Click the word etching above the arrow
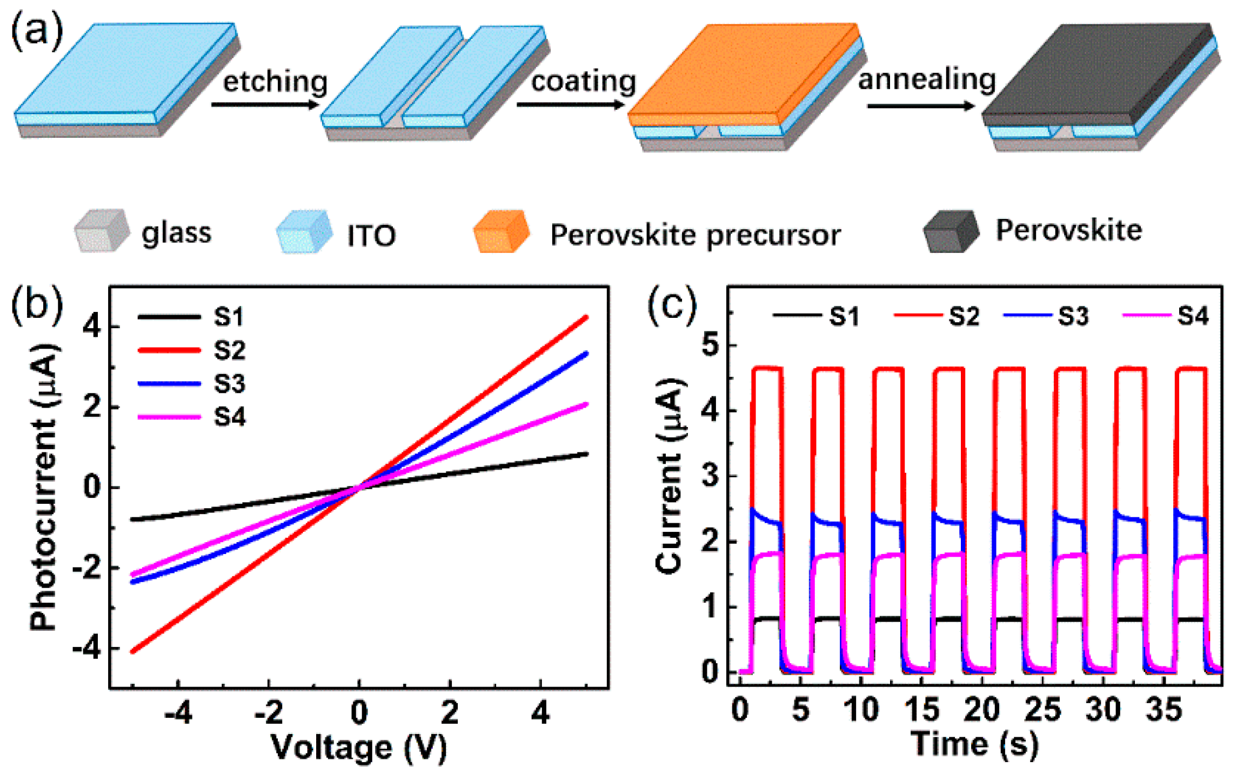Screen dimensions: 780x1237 tap(275, 82)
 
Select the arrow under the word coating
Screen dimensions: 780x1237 tap(570, 104)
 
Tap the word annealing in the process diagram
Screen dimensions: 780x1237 tap(926, 80)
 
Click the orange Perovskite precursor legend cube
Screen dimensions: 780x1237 tap(501, 232)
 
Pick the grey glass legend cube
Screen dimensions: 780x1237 tap(102, 231)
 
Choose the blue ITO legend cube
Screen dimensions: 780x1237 tap(304, 232)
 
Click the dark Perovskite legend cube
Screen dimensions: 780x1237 tap(951, 231)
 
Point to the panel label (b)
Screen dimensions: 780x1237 tap(37, 304)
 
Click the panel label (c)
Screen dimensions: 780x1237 tap(672, 304)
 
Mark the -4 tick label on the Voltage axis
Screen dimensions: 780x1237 tap(178, 714)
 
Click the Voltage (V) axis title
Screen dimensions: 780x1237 tap(359, 748)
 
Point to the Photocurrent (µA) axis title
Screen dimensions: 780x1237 tap(44, 486)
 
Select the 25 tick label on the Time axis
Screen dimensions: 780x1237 tap(1042, 709)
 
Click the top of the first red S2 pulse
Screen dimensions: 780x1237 tap(767, 369)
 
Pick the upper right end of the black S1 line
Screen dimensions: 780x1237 tap(586, 454)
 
